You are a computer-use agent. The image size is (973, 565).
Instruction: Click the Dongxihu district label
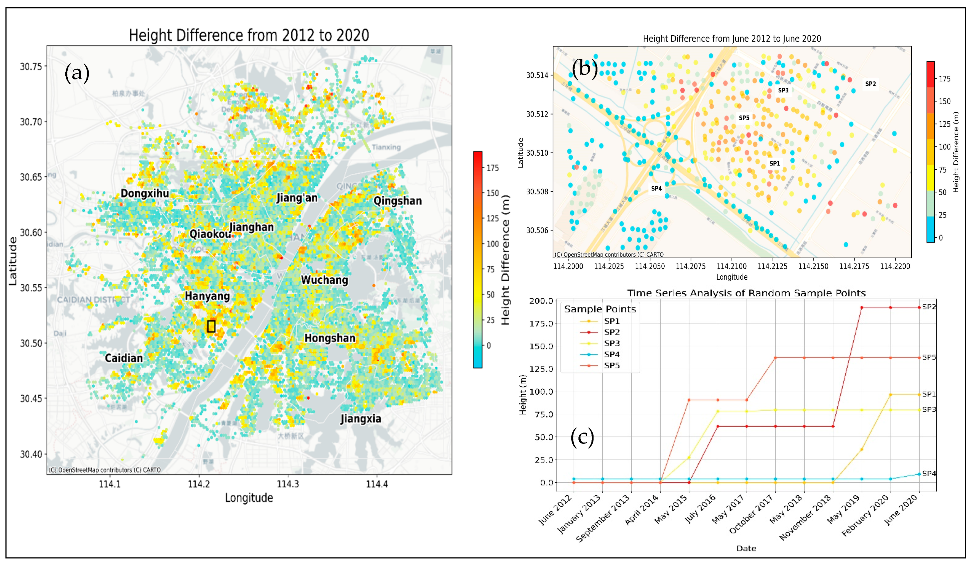[145, 193]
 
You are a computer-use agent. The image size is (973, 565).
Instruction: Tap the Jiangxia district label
[361, 419]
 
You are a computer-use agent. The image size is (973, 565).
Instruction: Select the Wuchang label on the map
[324, 280]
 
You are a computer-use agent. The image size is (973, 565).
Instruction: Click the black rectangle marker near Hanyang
[211, 326]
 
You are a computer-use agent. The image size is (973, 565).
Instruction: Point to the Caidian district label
[124, 358]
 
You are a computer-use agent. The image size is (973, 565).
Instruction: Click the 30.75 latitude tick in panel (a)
[31, 66]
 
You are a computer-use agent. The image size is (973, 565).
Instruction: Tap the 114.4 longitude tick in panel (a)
[377, 484]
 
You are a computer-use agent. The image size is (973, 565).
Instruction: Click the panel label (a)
[77, 73]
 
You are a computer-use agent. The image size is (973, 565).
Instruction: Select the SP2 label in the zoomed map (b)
[870, 84]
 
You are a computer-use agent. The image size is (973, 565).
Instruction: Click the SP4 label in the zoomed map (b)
[656, 188]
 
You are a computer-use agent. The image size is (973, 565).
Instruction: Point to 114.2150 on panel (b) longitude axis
[813, 266]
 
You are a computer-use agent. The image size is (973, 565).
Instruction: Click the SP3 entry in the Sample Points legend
[612, 343]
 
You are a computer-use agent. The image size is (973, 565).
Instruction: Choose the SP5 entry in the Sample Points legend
[612, 365]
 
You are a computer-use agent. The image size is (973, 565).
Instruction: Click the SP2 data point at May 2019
[862, 307]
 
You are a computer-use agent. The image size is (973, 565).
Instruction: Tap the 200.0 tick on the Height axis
[541, 301]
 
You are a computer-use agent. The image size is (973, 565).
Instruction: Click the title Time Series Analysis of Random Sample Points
[746, 293]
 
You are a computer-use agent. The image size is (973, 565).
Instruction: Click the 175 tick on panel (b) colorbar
[944, 79]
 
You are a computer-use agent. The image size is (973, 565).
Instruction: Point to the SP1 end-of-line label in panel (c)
[929, 394]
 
